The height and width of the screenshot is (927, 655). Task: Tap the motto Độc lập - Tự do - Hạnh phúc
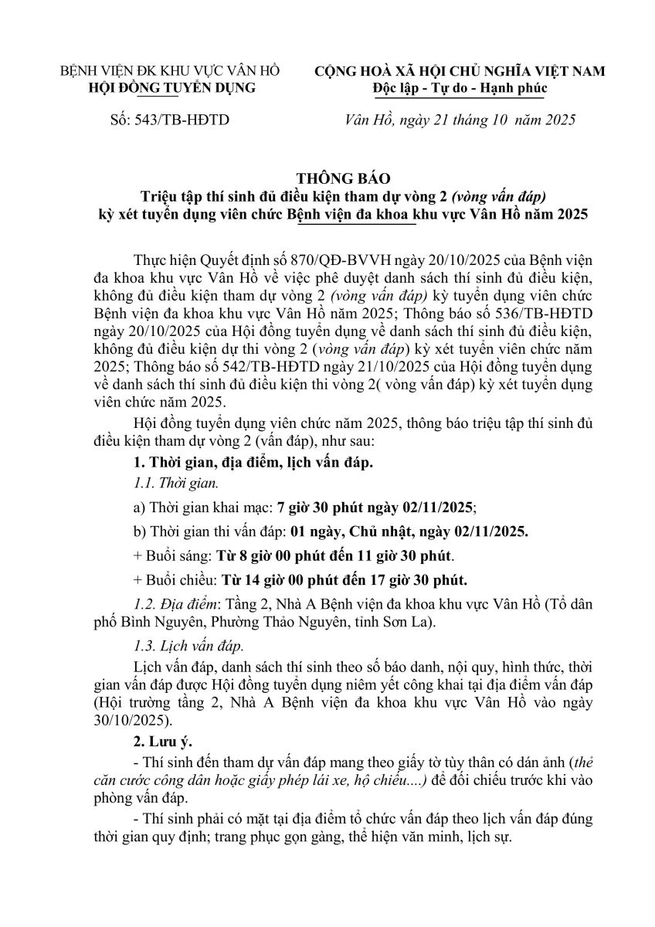tap(460, 88)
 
